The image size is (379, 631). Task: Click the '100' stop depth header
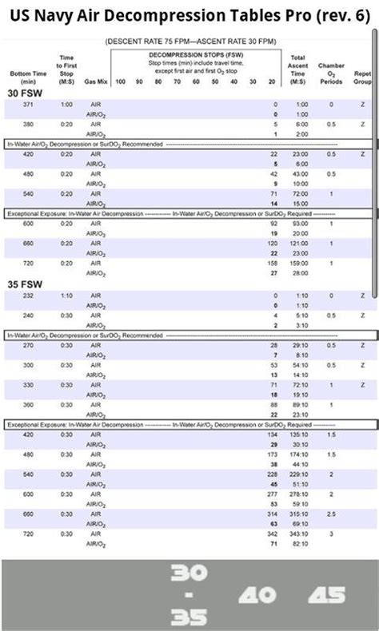coord(120,81)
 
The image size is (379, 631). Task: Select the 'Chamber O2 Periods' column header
coord(331,73)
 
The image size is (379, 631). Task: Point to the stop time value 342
coord(272,533)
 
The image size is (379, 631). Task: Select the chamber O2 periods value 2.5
coord(331,514)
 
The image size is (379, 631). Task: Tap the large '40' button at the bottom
coord(257,595)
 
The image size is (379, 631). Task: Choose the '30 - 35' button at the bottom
coord(189,595)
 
